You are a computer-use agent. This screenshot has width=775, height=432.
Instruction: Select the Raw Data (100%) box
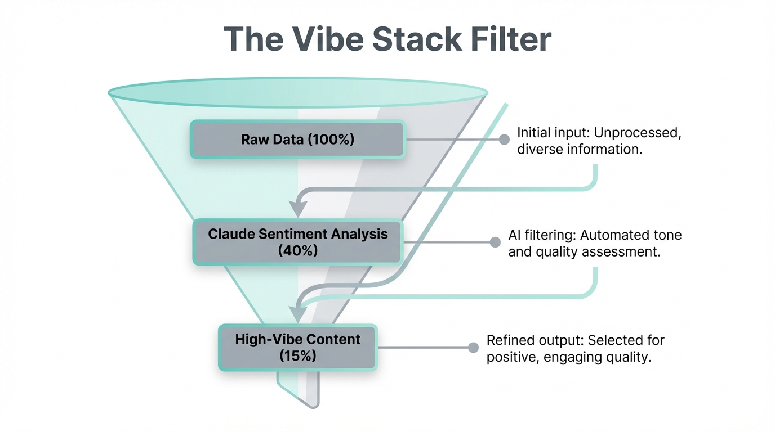[x=297, y=139]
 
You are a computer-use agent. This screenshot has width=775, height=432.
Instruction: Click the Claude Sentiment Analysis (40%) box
[x=297, y=242]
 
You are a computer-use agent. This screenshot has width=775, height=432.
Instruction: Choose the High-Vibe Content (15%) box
[x=297, y=348]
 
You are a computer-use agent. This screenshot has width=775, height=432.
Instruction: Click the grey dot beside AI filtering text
[x=495, y=242]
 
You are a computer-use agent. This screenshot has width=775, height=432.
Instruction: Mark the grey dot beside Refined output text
[x=474, y=348]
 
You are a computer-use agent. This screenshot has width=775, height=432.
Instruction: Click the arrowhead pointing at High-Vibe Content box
[x=297, y=313]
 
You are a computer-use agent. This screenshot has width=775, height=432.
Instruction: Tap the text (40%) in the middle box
[x=297, y=251]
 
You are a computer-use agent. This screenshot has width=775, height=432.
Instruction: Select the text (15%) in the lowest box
[x=297, y=356]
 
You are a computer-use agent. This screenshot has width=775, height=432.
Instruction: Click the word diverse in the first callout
[x=539, y=151]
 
